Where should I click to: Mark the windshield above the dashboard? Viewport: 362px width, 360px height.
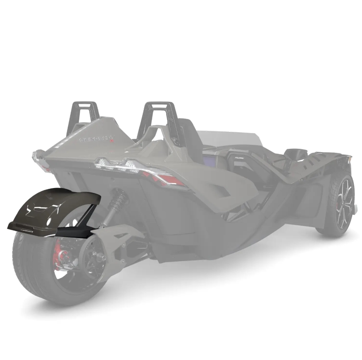pyautogui.click(x=231, y=137)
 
